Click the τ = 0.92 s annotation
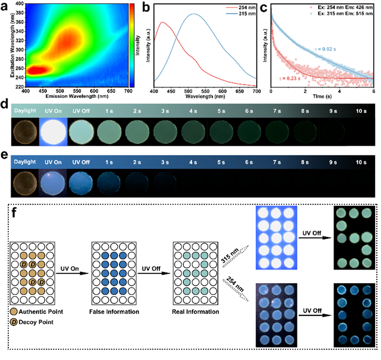point(329,50)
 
